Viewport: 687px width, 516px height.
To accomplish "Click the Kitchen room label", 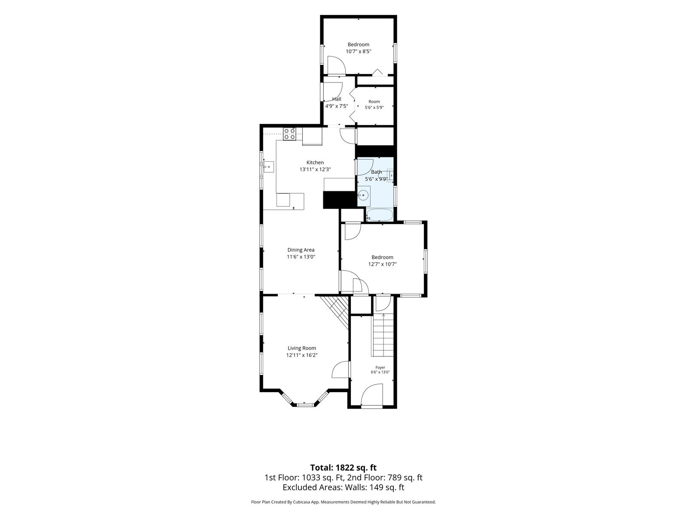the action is pos(315,162).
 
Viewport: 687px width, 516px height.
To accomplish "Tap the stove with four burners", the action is pos(70,134).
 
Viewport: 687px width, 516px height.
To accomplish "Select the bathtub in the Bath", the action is pos(380,215).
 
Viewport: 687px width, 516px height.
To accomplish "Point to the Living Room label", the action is pos(302,348).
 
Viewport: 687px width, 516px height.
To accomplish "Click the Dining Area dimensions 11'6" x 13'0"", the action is pos(301,257).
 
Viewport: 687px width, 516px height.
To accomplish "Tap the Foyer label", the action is pos(380,368).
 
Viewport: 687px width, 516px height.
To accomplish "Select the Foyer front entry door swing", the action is pos(371,395).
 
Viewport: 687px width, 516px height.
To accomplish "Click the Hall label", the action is pos(337,99).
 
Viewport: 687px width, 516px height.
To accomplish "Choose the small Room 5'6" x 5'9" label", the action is pos(374,104).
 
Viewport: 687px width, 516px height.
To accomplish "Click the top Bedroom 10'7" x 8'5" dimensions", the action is pos(359,51).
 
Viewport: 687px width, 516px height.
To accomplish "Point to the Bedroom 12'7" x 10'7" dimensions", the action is pos(382,264).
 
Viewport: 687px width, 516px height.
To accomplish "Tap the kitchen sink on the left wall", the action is pos(49,167).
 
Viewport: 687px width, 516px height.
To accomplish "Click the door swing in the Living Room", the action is pos(340,370).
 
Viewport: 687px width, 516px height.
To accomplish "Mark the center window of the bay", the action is pos(305,405).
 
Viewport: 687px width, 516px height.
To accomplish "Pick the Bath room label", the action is pos(376,172).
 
